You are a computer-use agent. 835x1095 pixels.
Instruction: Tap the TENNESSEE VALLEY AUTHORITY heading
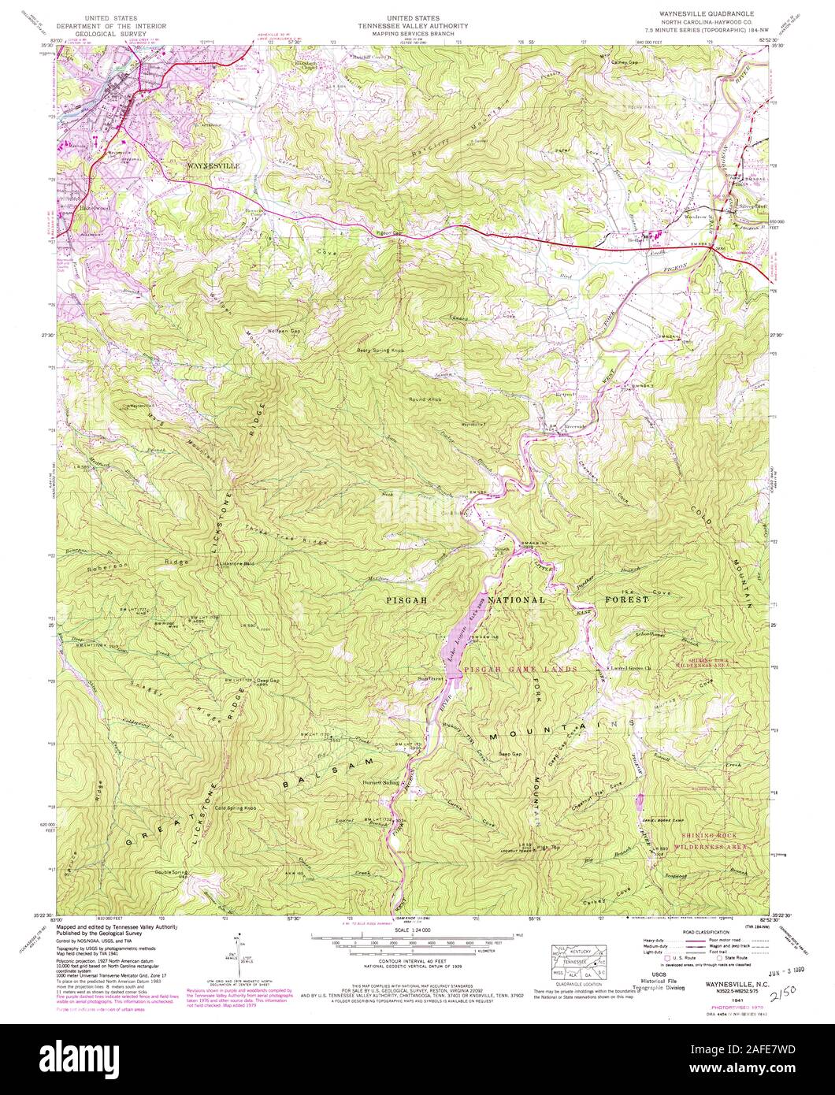417,25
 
